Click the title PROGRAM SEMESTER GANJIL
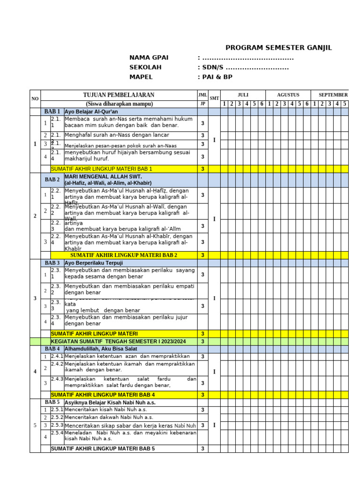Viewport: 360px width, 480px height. [x=278, y=48]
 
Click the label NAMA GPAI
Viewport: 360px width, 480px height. [x=149, y=58]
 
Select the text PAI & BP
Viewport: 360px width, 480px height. [x=217, y=77]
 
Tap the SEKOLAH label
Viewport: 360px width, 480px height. [x=145, y=67]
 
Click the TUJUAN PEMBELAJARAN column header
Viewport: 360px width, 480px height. [x=119, y=95]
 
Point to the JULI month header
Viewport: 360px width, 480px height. [x=243, y=95]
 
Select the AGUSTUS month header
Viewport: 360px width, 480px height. [x=288, y=95]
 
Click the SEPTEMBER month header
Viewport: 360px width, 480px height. [x=333, y=95]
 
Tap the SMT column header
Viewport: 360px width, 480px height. [x=214, y=98]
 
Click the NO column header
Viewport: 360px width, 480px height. [x=35, y=98]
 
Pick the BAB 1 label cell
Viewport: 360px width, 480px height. [x=52, y=112]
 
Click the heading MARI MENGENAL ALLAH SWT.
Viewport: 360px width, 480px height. [x=96, y=177]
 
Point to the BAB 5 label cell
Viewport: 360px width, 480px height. [x=52, y=402]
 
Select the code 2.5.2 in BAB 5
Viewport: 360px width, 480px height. [x=57, y=417]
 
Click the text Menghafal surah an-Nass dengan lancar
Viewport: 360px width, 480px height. [x=117, y=135]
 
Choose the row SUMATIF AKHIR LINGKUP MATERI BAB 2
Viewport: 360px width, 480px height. [x=124, y=255]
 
